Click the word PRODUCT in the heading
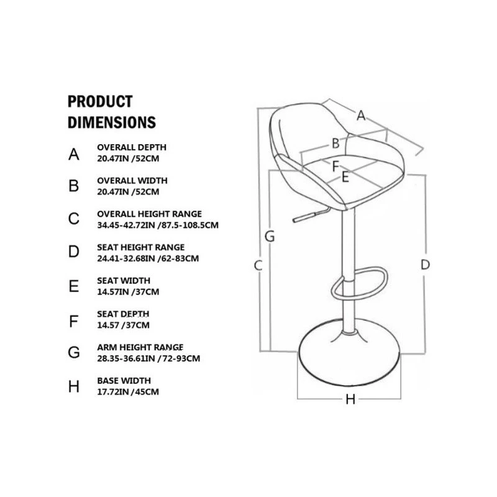100,102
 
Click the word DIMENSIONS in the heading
112,122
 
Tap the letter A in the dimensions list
74,154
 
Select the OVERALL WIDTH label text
132,181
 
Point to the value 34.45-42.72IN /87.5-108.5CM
158,226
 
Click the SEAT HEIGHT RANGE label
141,247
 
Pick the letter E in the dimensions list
74,286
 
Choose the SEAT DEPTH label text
123,314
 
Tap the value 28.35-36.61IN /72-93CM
148,359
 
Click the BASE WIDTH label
124,381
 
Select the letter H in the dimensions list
74,387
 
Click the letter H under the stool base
350,399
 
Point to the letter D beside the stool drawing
425,265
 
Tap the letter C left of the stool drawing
258,266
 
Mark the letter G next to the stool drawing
270,237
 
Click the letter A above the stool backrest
361,116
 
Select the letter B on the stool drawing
335,144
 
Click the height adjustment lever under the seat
311,214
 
